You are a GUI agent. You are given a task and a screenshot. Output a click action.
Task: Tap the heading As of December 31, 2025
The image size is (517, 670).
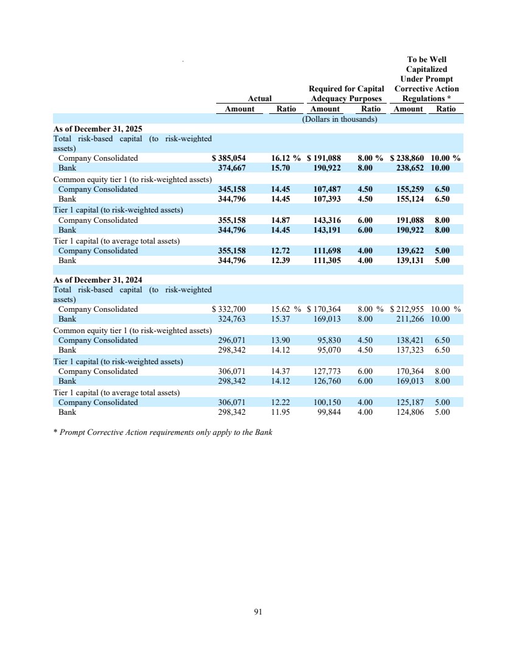click(x=97, y=129)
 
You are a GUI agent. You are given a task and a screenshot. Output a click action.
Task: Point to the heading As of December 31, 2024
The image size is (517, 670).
click(x=97, y=280)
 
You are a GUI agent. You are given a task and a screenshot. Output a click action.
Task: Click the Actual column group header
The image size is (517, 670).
click(x=259, y=98)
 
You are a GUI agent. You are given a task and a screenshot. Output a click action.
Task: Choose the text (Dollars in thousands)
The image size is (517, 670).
click(x=340, y=119)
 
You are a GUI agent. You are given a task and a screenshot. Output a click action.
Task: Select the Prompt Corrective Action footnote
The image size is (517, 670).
click(x=163, y=432)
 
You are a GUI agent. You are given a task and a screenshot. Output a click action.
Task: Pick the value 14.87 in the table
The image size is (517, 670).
click(x=281, y=220)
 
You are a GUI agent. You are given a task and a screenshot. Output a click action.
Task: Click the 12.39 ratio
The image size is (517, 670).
click(x=281, y=261)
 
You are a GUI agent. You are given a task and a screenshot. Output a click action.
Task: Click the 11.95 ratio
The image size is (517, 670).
click(x=281, y=412)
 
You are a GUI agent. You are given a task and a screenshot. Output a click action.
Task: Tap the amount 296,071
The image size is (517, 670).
click(x=231, y=340)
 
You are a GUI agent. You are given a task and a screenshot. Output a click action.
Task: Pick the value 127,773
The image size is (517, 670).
click(x=328, y=372)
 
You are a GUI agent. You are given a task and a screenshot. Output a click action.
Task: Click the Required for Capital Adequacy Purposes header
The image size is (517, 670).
click(x=346, y=94)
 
